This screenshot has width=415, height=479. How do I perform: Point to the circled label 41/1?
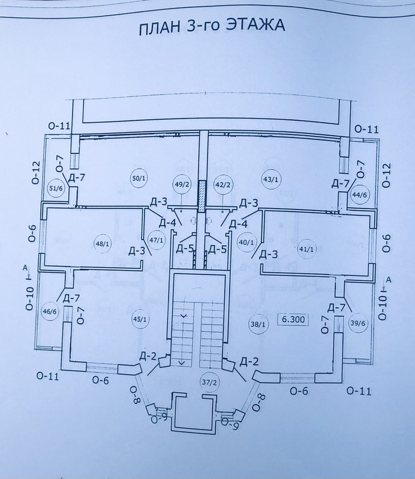pyautogui.click(x=306, y=247)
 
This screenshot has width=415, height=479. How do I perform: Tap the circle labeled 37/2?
pyautogui.click(x=209, y=381)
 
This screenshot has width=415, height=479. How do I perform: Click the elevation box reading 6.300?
pyautogui.click(x=291, y=320)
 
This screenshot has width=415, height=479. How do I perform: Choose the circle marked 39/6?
pyautogui.click(x=357, y=324)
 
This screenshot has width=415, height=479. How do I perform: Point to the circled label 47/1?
pyautogui.click(x=156, y=239)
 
